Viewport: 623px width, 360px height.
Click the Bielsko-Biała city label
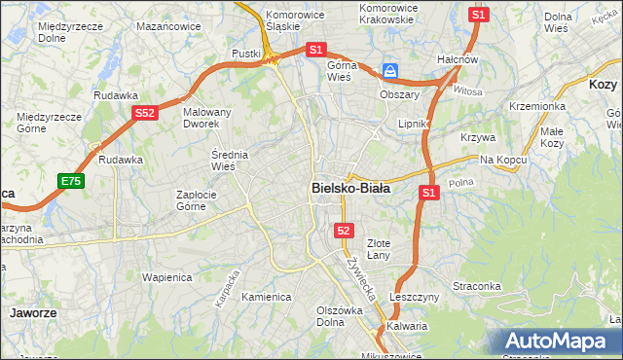tap(350, 189)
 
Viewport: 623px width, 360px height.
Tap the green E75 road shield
tap(70, 181)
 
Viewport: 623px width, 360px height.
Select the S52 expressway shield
tap(144, 113)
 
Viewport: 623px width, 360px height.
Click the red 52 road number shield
tap(343, 231)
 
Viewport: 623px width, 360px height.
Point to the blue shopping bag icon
tap(390, 71)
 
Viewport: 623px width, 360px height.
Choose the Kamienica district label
tap(267, 297)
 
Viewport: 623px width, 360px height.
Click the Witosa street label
tap(467, 91)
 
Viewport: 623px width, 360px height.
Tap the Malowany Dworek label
tap(207, 118)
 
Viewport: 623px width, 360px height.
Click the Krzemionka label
tap(536, 105)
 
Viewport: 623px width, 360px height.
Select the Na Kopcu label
tap(502, 159)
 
